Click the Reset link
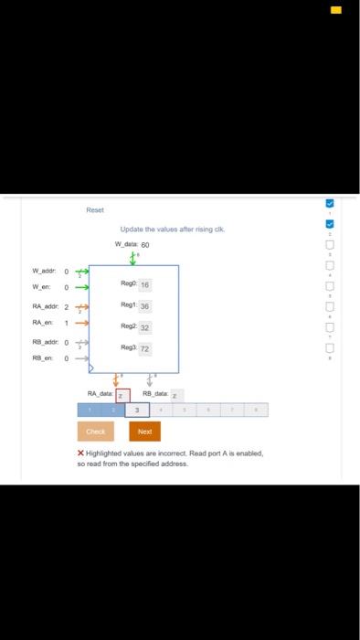(95, 210)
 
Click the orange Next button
(144, 431)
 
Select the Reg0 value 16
(144, 285)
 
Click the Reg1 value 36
(144, 306)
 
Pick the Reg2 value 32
(144, 327)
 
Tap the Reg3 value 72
(144, 348)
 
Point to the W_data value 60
(144, 245)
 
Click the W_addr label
(44, 271)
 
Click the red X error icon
(81, 453)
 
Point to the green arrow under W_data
(133, 257)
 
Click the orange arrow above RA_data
(116, 379)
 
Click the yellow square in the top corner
(336, 10)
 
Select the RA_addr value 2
(67, 307)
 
